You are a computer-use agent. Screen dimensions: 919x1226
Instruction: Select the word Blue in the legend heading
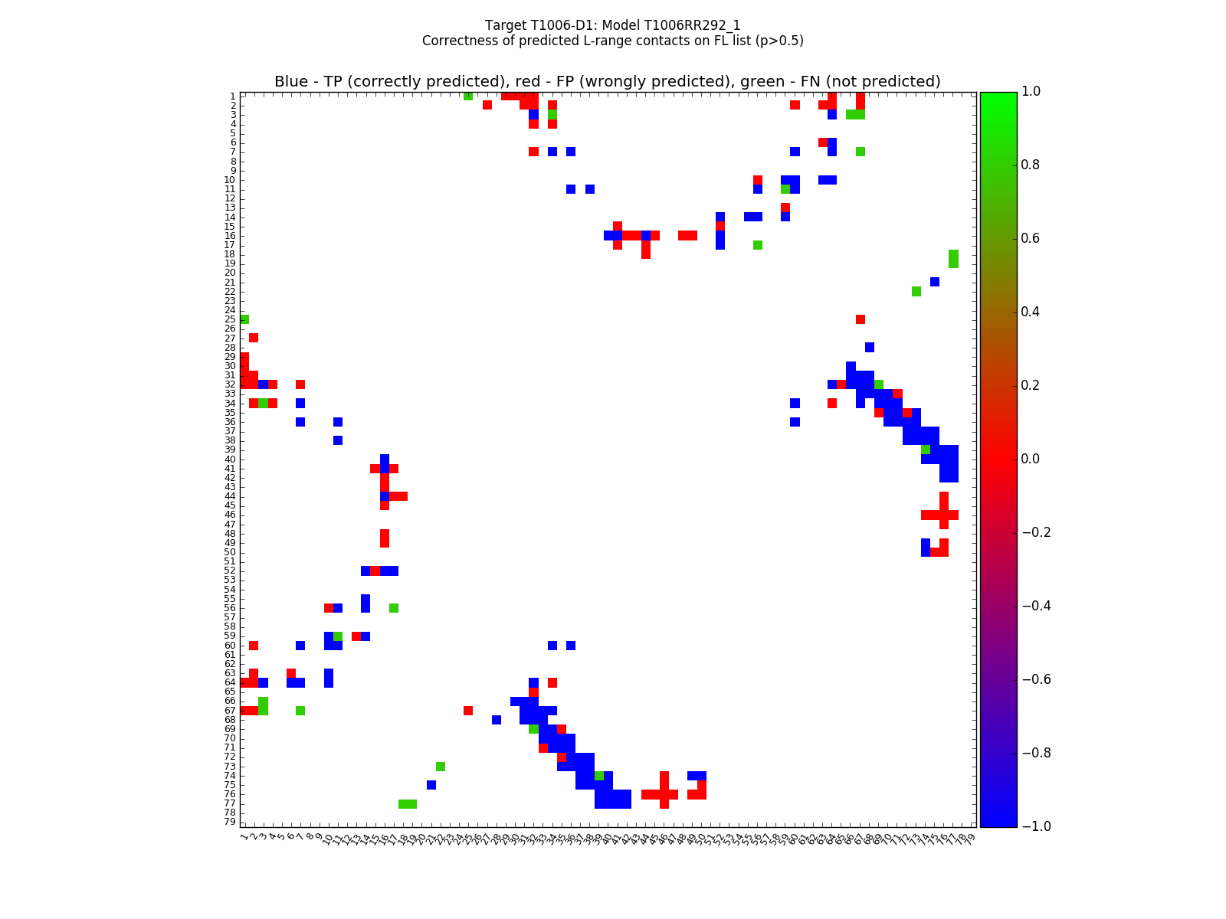point(291,82)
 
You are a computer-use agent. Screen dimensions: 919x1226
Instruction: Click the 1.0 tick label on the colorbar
point(1031,91)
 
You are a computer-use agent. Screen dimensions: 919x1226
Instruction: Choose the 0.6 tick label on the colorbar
point(1031,238)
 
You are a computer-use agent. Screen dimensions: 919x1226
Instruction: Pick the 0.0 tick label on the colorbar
point(1031,459)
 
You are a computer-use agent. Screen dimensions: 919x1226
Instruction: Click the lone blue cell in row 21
point(935,282)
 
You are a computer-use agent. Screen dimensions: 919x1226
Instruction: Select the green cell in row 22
point(916,291)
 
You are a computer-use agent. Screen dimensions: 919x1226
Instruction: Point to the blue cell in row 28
point(870,347)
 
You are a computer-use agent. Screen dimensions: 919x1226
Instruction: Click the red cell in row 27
point(254,338)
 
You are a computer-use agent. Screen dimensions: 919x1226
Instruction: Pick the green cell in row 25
point(244,319)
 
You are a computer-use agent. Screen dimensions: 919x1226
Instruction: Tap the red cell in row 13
point(785,208)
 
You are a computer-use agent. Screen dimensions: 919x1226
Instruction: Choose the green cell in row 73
point(441,767)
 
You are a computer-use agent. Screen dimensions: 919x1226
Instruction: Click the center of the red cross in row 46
point(944,515)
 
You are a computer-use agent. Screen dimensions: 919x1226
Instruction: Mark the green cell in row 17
point(758,245)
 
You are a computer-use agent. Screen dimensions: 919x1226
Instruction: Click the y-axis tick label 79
point(230,822)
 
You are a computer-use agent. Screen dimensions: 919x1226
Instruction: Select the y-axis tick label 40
point(230,459)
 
